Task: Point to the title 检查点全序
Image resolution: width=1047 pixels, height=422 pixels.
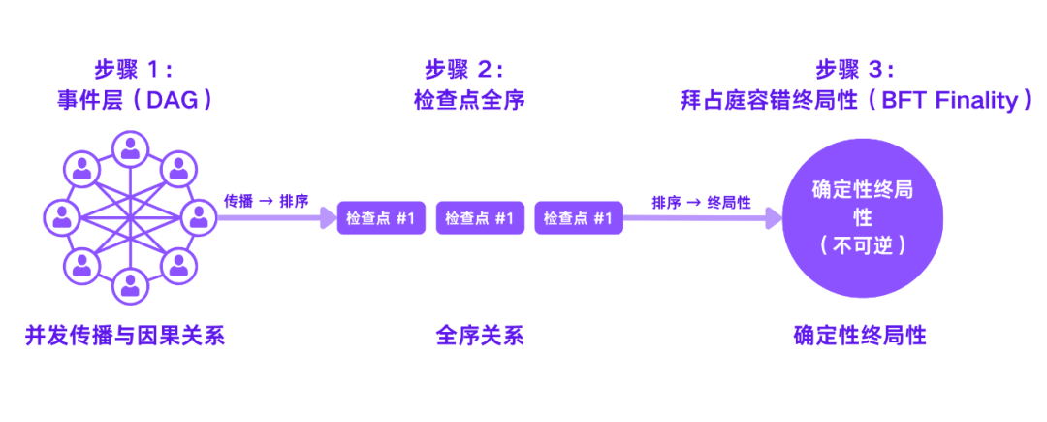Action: coord(469,100)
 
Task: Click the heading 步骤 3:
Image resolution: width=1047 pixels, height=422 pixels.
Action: coord(854,69)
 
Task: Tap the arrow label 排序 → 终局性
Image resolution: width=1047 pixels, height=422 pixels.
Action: coord(701,202)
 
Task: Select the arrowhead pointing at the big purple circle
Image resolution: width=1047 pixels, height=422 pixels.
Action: coord(774,218)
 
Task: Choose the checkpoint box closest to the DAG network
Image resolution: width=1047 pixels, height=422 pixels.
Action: coord(380,218)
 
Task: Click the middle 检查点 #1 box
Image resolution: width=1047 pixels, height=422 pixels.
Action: coord(479,218)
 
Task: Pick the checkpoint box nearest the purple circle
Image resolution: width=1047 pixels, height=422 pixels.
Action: coord(577,218)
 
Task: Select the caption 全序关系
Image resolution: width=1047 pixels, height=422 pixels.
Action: coord(479,337)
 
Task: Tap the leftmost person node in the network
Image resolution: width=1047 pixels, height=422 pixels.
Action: coord(62,216)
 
